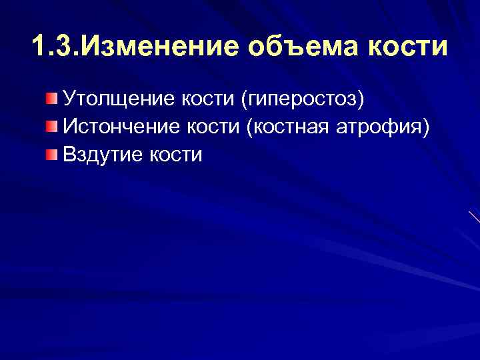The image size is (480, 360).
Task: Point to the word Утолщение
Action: click(117, 100)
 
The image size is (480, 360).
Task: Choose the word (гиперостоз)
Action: click(305, 100)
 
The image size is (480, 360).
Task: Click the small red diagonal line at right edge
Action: click(474, 217)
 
